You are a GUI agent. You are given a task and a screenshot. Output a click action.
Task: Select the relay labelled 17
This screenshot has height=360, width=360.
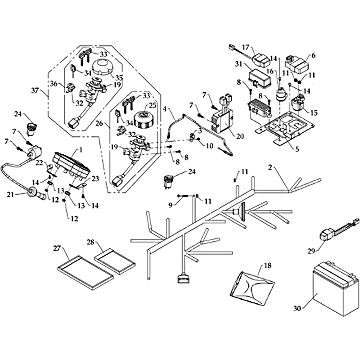pyautogui.click(x=261, y=58)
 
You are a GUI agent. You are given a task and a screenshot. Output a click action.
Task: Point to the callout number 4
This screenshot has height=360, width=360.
pyautogui.click(x=165, y=109)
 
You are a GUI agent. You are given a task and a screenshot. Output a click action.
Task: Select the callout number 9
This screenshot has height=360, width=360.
pyautogui.click(x=171, y=205)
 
